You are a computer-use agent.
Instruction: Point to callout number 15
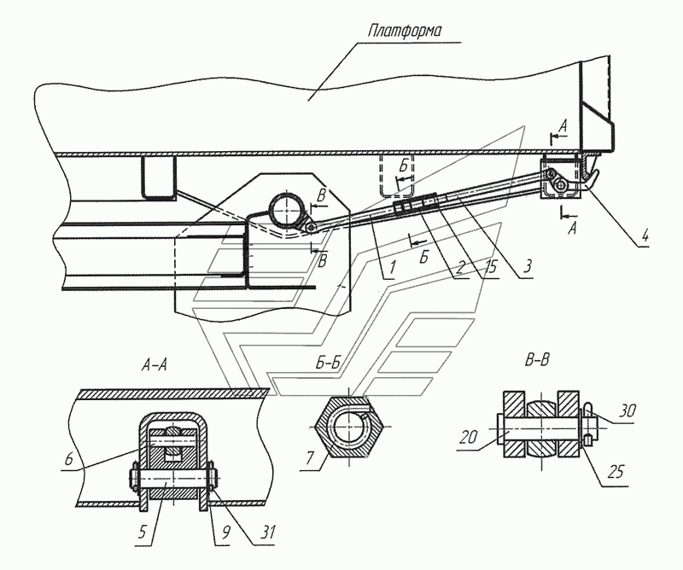click(x=491, y=265)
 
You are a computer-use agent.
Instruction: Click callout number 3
click(x=528, y=265)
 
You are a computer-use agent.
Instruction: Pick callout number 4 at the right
click(x=645, y=236)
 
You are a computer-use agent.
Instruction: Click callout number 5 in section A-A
click(x=143, y=532)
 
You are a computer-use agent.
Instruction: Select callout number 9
click(x=225, y=532)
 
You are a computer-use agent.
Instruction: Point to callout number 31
click(x=266, y=532)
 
